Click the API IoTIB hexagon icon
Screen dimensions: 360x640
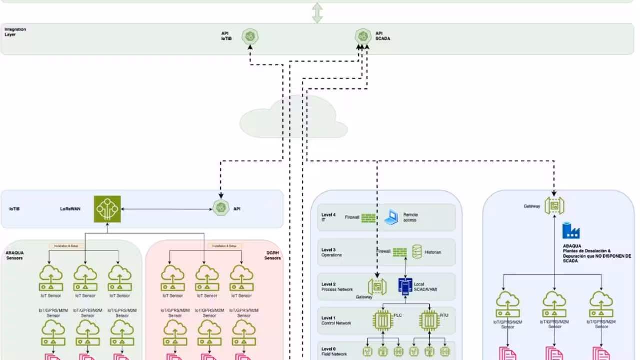tap(250, 36)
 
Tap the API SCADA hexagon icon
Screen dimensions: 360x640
tap(363, 36)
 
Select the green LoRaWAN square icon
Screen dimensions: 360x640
tap(107, 209)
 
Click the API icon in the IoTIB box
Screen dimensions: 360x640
tap(221, 208)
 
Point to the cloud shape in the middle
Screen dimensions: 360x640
tap(294, 118)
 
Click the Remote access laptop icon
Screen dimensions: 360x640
tap(391, 218)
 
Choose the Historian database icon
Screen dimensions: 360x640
tap(417, 252)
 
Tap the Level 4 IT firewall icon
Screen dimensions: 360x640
tap(369, 218)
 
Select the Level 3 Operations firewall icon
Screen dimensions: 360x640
tap(400, 252)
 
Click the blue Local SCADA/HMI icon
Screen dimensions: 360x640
tap(405, 286)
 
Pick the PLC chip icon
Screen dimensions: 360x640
tap(382, 320)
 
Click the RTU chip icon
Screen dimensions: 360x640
tap(429, 320)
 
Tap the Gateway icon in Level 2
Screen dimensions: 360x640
tap(377, 286)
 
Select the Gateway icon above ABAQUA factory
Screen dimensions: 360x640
tap(554, 205)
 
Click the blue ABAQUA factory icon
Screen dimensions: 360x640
tap(570, 231)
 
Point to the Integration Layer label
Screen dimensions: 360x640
tap(15, 32)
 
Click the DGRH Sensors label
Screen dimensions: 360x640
tap(272, 255)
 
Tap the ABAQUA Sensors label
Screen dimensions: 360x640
tap(15, 255)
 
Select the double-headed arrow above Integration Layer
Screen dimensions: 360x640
tap(317, 13)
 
